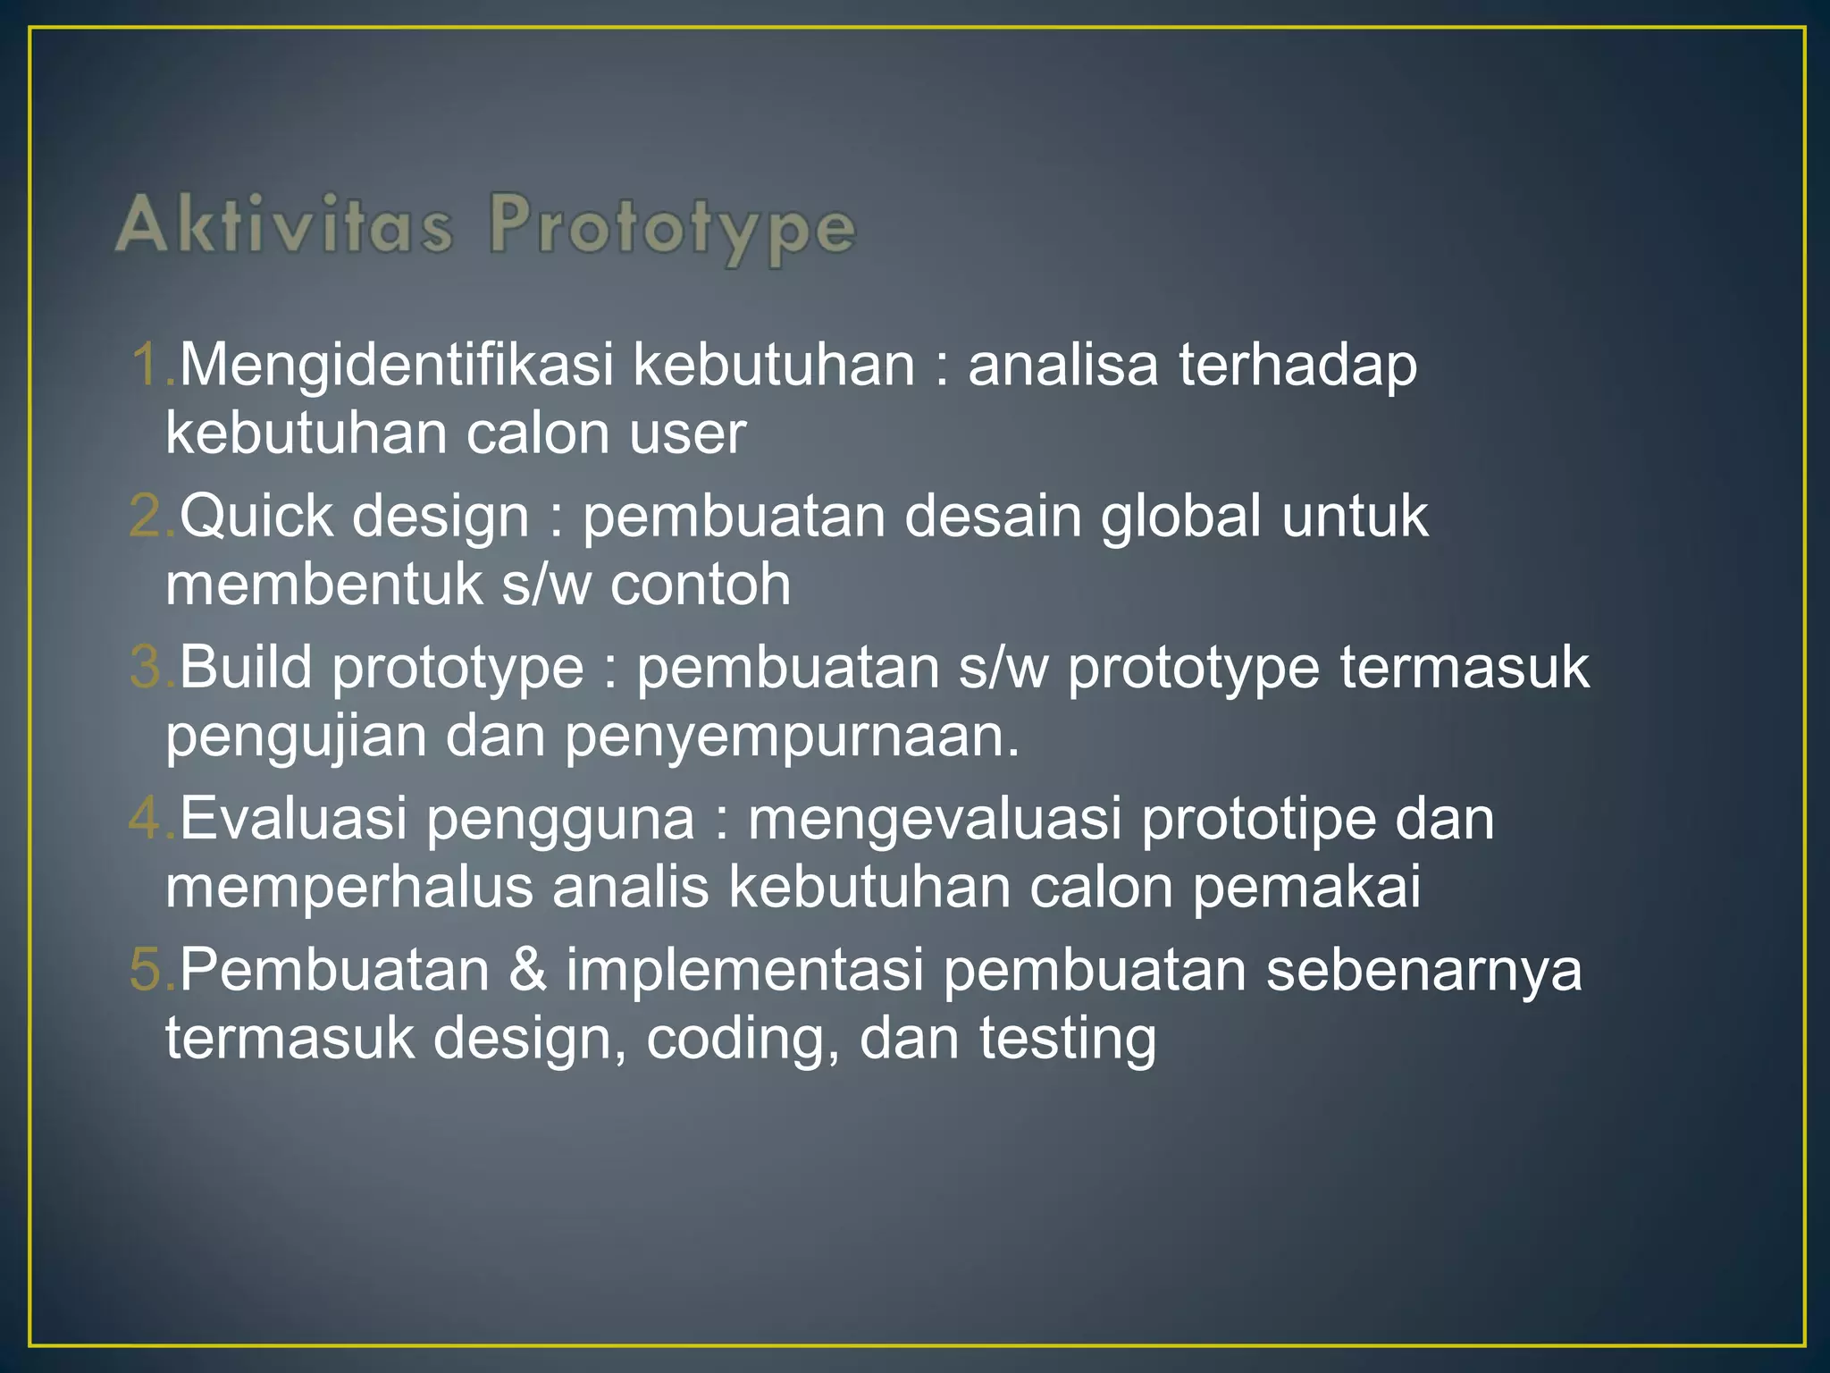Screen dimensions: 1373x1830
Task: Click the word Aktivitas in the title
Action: [284, 224]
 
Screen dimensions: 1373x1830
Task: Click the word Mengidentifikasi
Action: [397, 366]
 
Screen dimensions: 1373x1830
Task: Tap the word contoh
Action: [701, 585]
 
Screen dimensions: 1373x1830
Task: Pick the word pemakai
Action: [1306, 888]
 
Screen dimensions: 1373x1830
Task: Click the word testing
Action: [1067, 1040]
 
